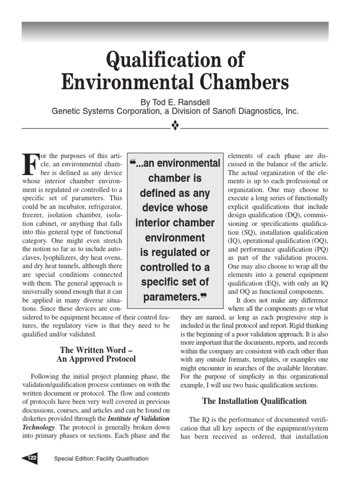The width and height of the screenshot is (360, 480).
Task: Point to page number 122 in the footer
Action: (x=32, y=458)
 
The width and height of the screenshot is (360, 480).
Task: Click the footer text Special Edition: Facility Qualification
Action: (x=101, y=458)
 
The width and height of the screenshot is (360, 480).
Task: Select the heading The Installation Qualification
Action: (x=254, y=401)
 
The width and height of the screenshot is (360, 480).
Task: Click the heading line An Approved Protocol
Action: (x=96, y=359)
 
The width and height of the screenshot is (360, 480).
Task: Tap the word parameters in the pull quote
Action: (x=171, y=297)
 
